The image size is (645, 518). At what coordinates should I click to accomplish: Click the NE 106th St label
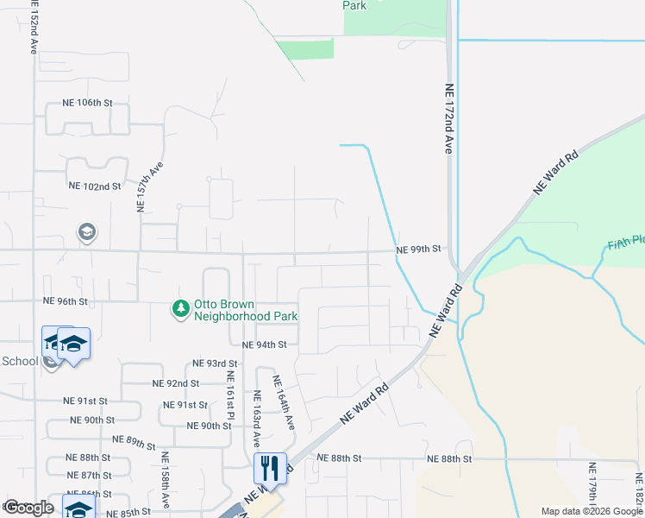87,103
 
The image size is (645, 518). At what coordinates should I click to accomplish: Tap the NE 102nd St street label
94,186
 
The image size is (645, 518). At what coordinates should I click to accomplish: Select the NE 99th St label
418,250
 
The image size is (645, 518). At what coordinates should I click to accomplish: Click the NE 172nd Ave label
448,118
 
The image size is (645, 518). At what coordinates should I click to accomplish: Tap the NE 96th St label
66,301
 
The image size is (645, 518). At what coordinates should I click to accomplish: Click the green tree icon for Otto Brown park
180,308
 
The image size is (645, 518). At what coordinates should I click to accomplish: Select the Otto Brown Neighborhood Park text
246,310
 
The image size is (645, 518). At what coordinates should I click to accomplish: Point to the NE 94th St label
264,344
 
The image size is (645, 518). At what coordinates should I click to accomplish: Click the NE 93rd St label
215,363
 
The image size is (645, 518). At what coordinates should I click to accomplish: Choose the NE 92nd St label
175,383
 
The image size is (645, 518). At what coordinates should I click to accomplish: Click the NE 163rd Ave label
257,419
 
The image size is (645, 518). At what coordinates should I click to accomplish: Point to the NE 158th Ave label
165,473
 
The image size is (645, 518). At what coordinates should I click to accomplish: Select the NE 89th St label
134,443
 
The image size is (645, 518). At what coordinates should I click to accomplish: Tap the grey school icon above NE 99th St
86,232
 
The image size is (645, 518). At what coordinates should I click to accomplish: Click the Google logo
28,509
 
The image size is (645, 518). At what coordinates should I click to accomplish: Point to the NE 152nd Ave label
33,28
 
